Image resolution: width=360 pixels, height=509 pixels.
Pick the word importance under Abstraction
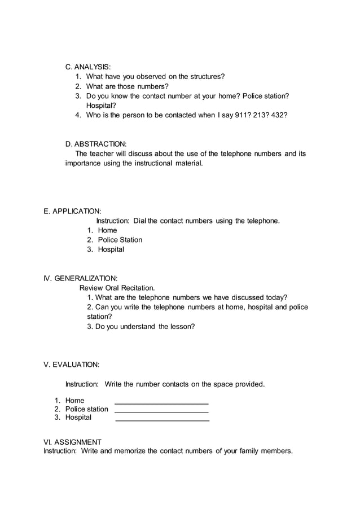pyautogui.click(x=82, y=163)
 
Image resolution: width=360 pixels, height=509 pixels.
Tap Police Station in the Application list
pyautogui.click(x=120, y=240)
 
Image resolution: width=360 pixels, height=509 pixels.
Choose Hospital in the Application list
pyautogui.click(x=111, y=249)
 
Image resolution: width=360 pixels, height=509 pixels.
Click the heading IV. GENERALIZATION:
pyautogui.click(x=81, y=278)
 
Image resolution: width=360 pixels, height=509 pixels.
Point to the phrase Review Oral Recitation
pyautogui.click(x=117, y=288)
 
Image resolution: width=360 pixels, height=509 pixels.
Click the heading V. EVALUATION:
pyautogui.click(x=72, y=365)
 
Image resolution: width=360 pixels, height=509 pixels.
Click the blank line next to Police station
pyautogui.click(x=161, y=413)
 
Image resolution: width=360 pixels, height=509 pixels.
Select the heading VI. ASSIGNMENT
pyautogui.click(x=73, y=442)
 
